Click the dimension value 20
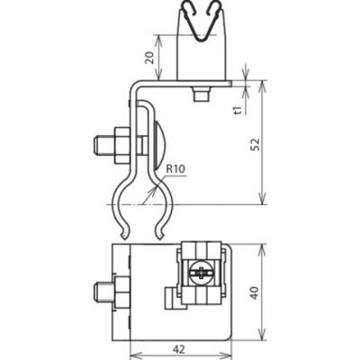[149, 58]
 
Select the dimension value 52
[256, 144]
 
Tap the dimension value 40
[255, 293]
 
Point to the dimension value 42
[179, 349]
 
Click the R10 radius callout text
[175, 169]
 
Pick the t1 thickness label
[238, 110]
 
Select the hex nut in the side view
[121, 146]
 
